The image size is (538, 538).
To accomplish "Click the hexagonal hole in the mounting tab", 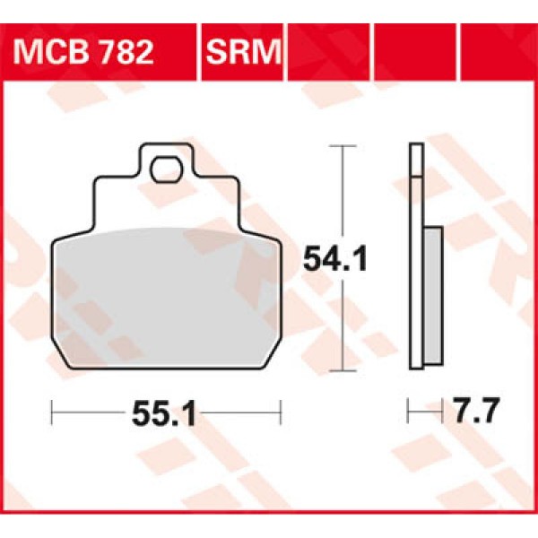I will pos(164,168).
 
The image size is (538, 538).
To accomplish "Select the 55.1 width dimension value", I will pos(165,414).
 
